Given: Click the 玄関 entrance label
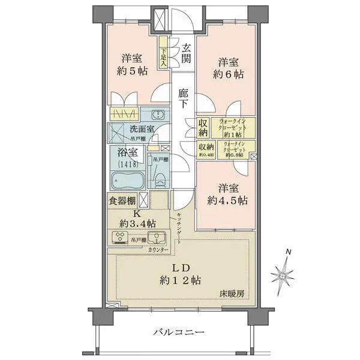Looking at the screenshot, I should (x=187, y=54).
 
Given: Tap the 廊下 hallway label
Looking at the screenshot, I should (x=184, y=99).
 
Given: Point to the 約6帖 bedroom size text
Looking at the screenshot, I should (x=230, y=75).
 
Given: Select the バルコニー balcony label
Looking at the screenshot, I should (x=179, y=332).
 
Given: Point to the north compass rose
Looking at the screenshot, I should (x=282, y=275).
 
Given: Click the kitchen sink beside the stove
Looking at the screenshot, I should (x=155, y=235).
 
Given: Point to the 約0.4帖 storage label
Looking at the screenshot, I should (x=207, y=150).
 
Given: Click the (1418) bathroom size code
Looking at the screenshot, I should (x=127, y=164).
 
